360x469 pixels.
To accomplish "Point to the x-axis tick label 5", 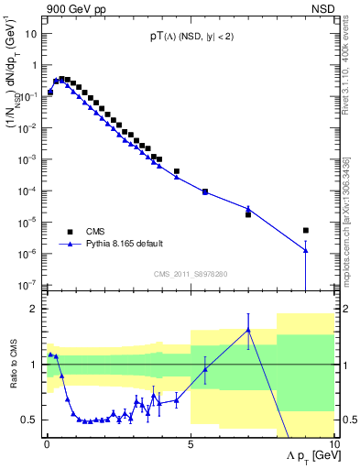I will pyautogui.click(x=191, y=442).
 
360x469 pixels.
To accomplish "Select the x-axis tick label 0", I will pyautogui.click(x=47, y=442).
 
